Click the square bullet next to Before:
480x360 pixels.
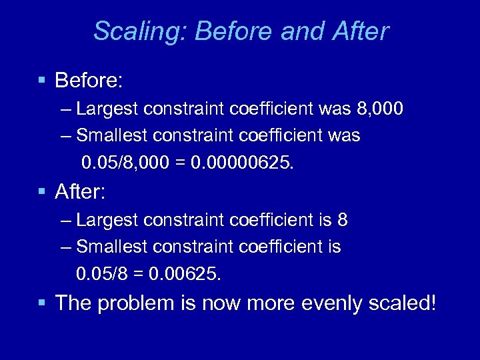42,81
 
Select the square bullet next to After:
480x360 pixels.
42,192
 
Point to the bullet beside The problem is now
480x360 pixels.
42,303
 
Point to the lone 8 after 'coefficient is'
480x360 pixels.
343,219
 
